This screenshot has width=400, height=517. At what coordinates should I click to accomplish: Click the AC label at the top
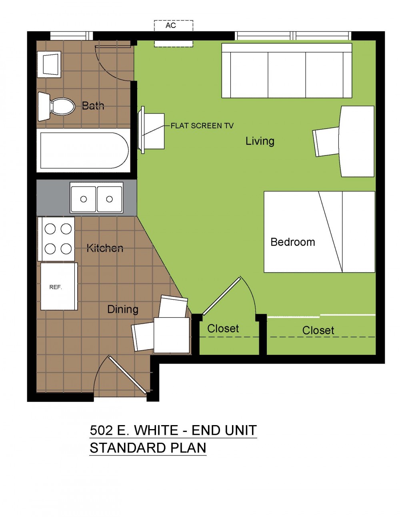pyautogui.click(x=171, y=25)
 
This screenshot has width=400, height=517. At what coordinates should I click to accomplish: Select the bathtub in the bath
pyautogui.click(x=84, y=150)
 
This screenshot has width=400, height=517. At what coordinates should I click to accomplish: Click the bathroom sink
pyautogui.click(x=49, y=64)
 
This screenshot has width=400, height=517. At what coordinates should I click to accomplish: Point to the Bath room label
pyautogui.click(x=93, y=105)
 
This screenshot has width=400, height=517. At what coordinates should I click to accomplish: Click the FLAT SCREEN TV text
pyautogui.click(x=202, y=125)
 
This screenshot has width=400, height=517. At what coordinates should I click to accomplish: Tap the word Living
pyautogui.click(x=260, y=141)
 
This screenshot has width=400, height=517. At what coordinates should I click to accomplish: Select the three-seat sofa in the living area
pyautogui.click(x=287, y=70)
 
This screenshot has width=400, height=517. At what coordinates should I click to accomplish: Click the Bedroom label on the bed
pyautogui.click(x=293, y=242)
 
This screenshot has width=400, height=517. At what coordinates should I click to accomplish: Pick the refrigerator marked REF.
pyautogui.click(x=59, y=286)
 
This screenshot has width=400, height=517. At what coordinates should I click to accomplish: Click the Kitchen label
pyautogui.click(x=105, y=248)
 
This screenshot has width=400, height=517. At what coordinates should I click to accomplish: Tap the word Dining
pyautogui.click(x=123, y=309)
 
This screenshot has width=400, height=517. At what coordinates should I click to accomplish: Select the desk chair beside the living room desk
pyautogui.click(x=326, y=142)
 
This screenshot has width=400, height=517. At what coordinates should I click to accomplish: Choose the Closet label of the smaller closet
pyautogui.click(x=223, y=328)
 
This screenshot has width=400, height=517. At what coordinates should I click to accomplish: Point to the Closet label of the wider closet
pyautogui.click(x=318, y=330)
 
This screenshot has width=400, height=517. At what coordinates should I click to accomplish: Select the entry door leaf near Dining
pyautogui.click(x=127, y=375)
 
